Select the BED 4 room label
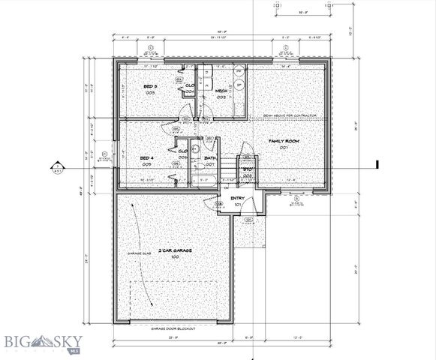click(147, 158)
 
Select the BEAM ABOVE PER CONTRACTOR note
click(290, 115)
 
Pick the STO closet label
click(246, 170)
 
